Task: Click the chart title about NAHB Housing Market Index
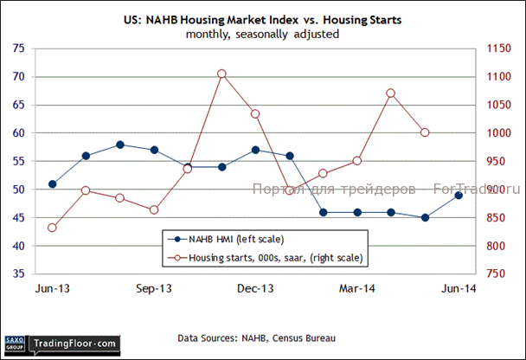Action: (x=262, y=20)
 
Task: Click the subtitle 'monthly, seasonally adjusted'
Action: (x=262, y=35)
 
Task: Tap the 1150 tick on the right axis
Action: (x=501, y=49)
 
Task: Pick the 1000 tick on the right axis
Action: (x=501, y=133)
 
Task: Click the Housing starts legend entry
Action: (x=268, y=257)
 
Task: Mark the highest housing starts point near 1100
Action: (x=221, y=74)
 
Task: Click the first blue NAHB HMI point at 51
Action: (x=53, y=183)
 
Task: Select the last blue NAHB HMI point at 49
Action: (x=459, y=195)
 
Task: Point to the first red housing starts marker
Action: (x=53, y=228)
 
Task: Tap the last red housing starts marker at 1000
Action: (x=425, y=132)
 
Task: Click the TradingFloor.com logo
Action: (x=74, y=344)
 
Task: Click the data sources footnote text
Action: (x=256, y=337)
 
